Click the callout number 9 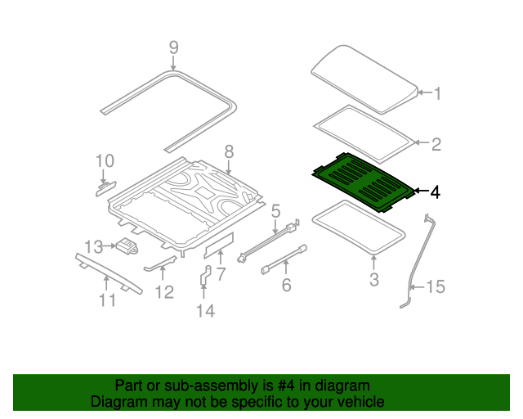click(x=172, y=47)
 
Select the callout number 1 click(x=436, y=94)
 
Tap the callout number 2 click(x=436, y=145)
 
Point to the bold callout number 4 click(x=436, y=193)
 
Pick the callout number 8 click(x=229, y=151)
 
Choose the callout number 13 click(x=93, y=246)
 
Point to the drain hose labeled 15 click(x=415, y=262)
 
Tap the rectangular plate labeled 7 click(x=219, y=242)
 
